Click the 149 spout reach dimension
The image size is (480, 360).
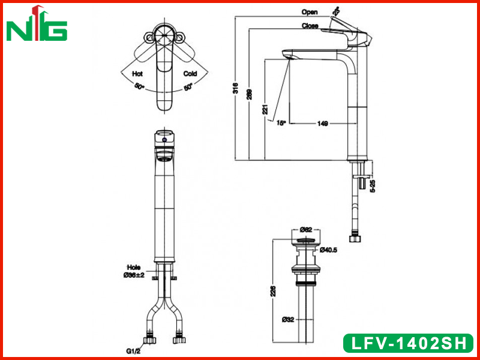(x=322, y=124)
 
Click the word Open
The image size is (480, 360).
(x=310, y=12)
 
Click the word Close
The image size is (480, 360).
(x=310, y=26)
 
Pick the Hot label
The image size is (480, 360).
(x=137, y=74)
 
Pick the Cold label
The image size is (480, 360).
(x=190, y=74)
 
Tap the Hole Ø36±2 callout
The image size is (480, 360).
(x=134, y=272)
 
